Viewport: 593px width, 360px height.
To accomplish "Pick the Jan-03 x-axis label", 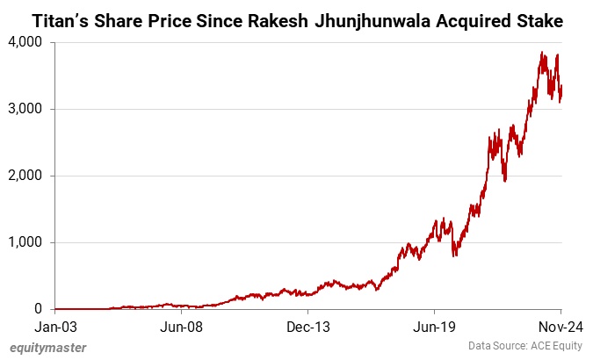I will (x=54, y=327).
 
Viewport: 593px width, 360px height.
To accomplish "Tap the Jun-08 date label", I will (x=181, y=327).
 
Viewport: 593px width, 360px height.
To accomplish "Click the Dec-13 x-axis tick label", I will (x=307, y=327).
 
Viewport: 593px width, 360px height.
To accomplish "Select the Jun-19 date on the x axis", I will (x=434, y=327).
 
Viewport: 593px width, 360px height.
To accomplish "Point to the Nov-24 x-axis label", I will (x=558, y=327).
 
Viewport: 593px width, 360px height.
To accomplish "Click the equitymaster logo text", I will (x=49, y=348).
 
